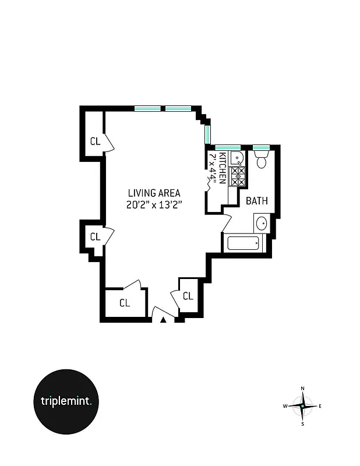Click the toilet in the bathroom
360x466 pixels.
point(261,161)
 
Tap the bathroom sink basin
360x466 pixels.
point(262,223)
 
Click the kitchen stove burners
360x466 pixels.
point(237,176)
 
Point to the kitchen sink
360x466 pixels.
point(237,158)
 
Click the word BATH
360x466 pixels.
point(256,201)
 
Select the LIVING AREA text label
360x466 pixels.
point(154,193)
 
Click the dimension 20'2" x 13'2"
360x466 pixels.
point(154,204)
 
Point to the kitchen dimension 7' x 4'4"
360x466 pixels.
point(214,169)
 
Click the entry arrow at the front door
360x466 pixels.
point(164,319)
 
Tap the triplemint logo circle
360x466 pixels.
point(70,401)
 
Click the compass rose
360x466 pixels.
point(302,405)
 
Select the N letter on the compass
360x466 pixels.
point(302,389)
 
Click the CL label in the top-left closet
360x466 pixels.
point(95,141)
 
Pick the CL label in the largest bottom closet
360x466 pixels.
point(124,303)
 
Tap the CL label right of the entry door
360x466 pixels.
point(188,296)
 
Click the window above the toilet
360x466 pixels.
point(261,147)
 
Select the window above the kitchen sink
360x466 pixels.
point(228,147)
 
